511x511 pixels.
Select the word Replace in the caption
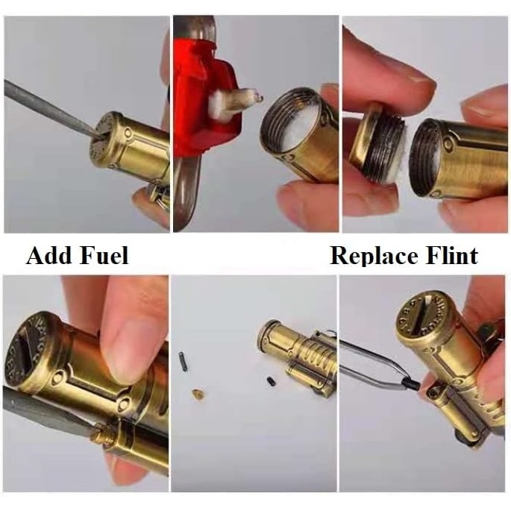374,256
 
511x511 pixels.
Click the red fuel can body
204,98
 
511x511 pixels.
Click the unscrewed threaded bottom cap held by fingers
378,143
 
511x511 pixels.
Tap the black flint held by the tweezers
412,383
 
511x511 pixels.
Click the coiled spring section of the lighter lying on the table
313,354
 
